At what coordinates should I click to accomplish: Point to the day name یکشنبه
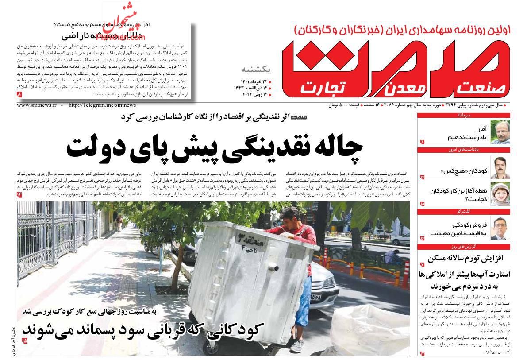255,70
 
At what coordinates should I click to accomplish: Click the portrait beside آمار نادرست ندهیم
500,132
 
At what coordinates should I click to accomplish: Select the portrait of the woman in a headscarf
500,194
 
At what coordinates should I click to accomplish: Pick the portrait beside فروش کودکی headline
500,228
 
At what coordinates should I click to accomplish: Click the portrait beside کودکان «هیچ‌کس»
500,167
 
